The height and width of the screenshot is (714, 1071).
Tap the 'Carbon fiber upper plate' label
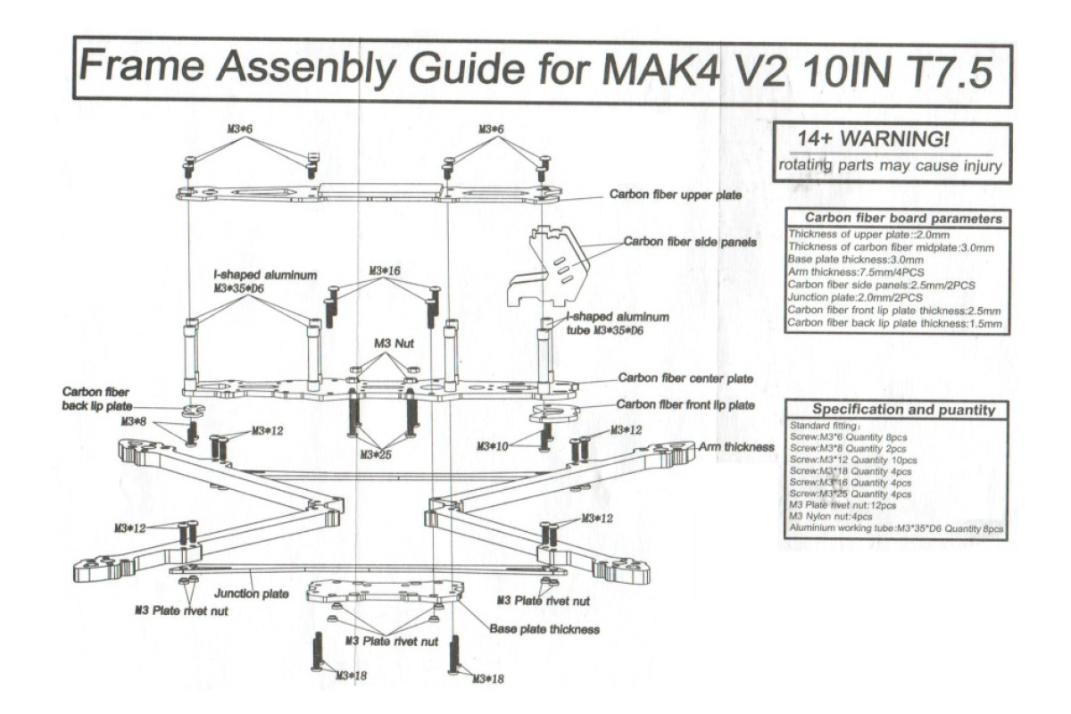tap(675, 194)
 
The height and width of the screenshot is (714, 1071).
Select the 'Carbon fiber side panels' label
tap(690, 242)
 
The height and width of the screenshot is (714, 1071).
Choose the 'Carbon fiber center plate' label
tap(685, 379)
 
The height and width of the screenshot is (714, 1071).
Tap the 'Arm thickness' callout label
tap(736, 446)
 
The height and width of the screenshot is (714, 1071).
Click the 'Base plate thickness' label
tap(544, 629)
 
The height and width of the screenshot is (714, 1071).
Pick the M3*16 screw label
tap(385, 270)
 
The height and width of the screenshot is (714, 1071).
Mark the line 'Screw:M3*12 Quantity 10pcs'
tap(852, 460)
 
